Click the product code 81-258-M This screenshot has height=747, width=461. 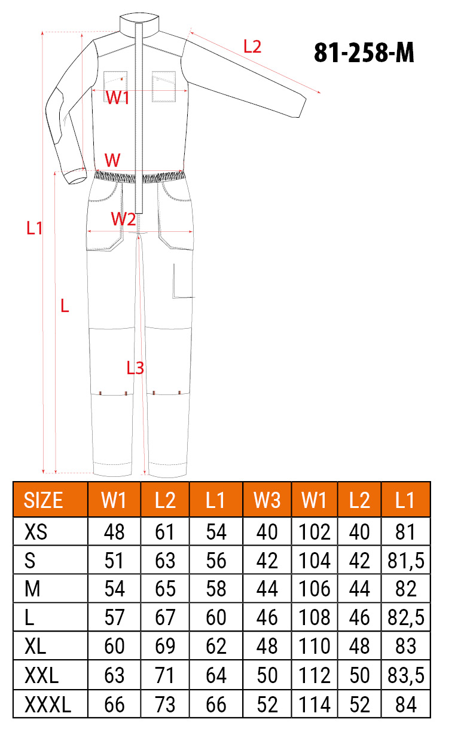pos(364,53)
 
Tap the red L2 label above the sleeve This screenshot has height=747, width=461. pos(252,47)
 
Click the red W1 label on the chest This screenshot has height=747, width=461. pos(117,98)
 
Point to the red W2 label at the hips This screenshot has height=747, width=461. pos(123,219)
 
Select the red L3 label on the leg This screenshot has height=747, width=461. pos(135,368)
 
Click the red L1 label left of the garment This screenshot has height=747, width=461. pos(35,228)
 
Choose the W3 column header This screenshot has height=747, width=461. pos(267,500)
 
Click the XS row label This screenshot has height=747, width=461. pos(36,532)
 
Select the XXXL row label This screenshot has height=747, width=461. pos(48,705)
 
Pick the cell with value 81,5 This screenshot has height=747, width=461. pos(406,561)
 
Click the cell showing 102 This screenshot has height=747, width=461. pos(315,532)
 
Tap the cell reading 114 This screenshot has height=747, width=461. pos(315,705)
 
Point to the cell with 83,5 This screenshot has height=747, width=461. pos(406,675)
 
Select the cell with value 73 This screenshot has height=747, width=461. pos(165,705)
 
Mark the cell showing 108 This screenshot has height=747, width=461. pos(315,617)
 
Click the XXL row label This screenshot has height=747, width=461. pos(42,675)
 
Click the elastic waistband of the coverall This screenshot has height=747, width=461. pos(139,176)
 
